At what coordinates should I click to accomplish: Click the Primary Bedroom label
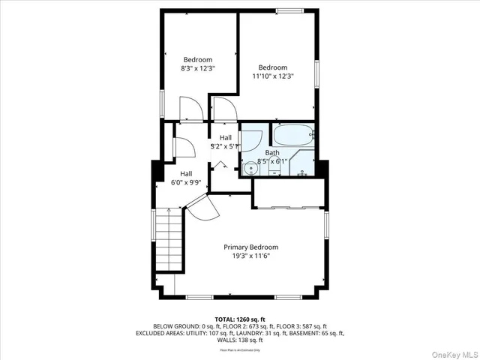(x=250, y=247)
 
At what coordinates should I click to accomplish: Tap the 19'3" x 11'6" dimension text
(x=250, y=256)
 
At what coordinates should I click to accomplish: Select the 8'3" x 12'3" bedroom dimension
(x=198, y=68)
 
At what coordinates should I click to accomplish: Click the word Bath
(x=271, y=152)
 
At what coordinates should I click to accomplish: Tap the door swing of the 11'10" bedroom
(x=223, y=109)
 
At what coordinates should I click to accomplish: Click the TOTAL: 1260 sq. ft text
(x=239, y=319)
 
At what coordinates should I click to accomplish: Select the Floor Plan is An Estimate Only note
(x=239, y=350)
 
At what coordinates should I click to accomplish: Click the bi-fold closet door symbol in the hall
(x=220, y=165)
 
